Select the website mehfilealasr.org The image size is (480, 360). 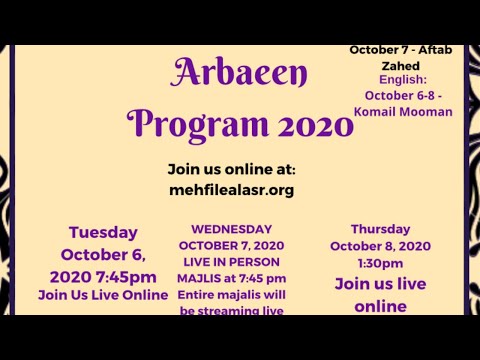(x=231, y=190)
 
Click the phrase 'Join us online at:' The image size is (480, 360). (x=231, y=169)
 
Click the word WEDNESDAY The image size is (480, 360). (x=232, y=228)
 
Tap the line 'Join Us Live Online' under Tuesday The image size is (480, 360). (x=103, y=295)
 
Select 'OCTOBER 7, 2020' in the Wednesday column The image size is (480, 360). (x=232, y=245)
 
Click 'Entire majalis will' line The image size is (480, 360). (x=232, y=296)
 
